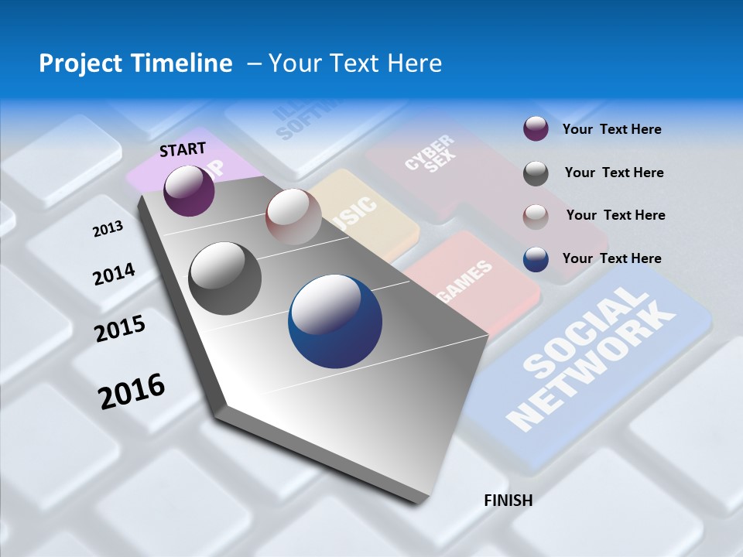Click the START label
pyautogui.click(x=183, y=149)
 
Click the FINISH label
pyautogui.click(x=508, y=501)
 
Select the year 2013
pyautogui.click(x=108, y=229)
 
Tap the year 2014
pyautogui.click(x=114, y=275)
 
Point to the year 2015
pyautogui.click(x=119, y=329)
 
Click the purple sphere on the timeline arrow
pyautogui.click(x=189, y=190)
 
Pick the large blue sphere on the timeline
pyautogui.click(x=335, y=321)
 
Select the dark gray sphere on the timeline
pyautogui.click(x=224, y=278)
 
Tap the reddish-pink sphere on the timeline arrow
pyautogui.click(x=293, y=217)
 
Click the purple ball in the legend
pyautogui.click(x=536, y=129)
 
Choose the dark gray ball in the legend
pyautogui.click(x=536, y=173)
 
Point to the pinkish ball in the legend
pyautogui.click(x=536, y=216)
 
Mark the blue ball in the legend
pyautogui.click(x=536, y=259)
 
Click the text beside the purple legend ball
pyautogui.click(x=611, y=129)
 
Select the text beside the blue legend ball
pyautogui.click(x=611, y=258)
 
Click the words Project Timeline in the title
pyautogui.click(x=135, y=63)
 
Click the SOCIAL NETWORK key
pyautogui.click(x=592, y=356)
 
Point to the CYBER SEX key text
pyautogui.click(x=430, y=153)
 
